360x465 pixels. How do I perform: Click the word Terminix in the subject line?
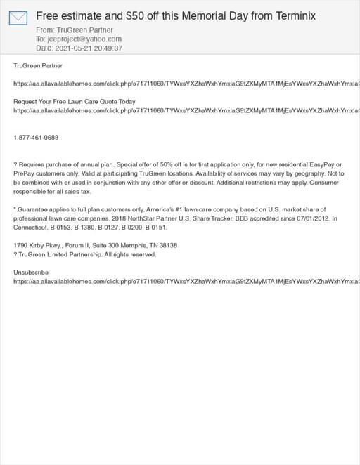tap(292, 15)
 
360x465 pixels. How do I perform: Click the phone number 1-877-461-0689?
tap(36, 138)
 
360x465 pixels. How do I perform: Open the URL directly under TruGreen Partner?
tap(183, 84)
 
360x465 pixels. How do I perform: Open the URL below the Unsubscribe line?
tap(183, 281)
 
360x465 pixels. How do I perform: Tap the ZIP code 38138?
tap(167, 246)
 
